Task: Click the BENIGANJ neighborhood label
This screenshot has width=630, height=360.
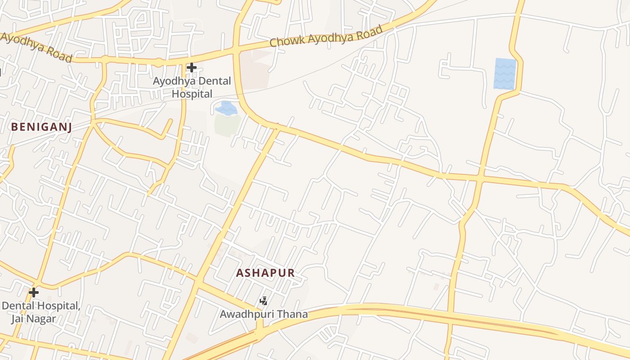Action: coord(41,127)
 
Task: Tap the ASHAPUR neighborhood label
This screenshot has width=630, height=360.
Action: coord(265,273)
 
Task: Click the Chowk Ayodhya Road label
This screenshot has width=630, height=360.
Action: coord(326,36)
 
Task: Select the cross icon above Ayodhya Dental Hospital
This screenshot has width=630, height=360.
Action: coord(192,68)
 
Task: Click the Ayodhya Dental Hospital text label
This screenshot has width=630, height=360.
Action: coord(192,87)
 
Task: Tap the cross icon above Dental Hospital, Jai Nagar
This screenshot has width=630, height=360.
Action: coord(33,292)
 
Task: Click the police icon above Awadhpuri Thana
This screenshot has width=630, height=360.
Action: coord(264,301)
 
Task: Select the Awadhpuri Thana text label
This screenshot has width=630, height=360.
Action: coord(264,314)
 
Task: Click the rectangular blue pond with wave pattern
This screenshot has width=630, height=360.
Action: coord(505,73)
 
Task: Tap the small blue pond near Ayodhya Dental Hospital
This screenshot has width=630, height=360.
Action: coord(226,108)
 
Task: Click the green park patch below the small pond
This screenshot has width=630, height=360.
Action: coord(226,125)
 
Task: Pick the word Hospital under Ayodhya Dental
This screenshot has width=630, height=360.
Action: coord(192,94)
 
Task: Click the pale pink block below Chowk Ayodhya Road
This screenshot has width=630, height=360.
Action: coord(256,70)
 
